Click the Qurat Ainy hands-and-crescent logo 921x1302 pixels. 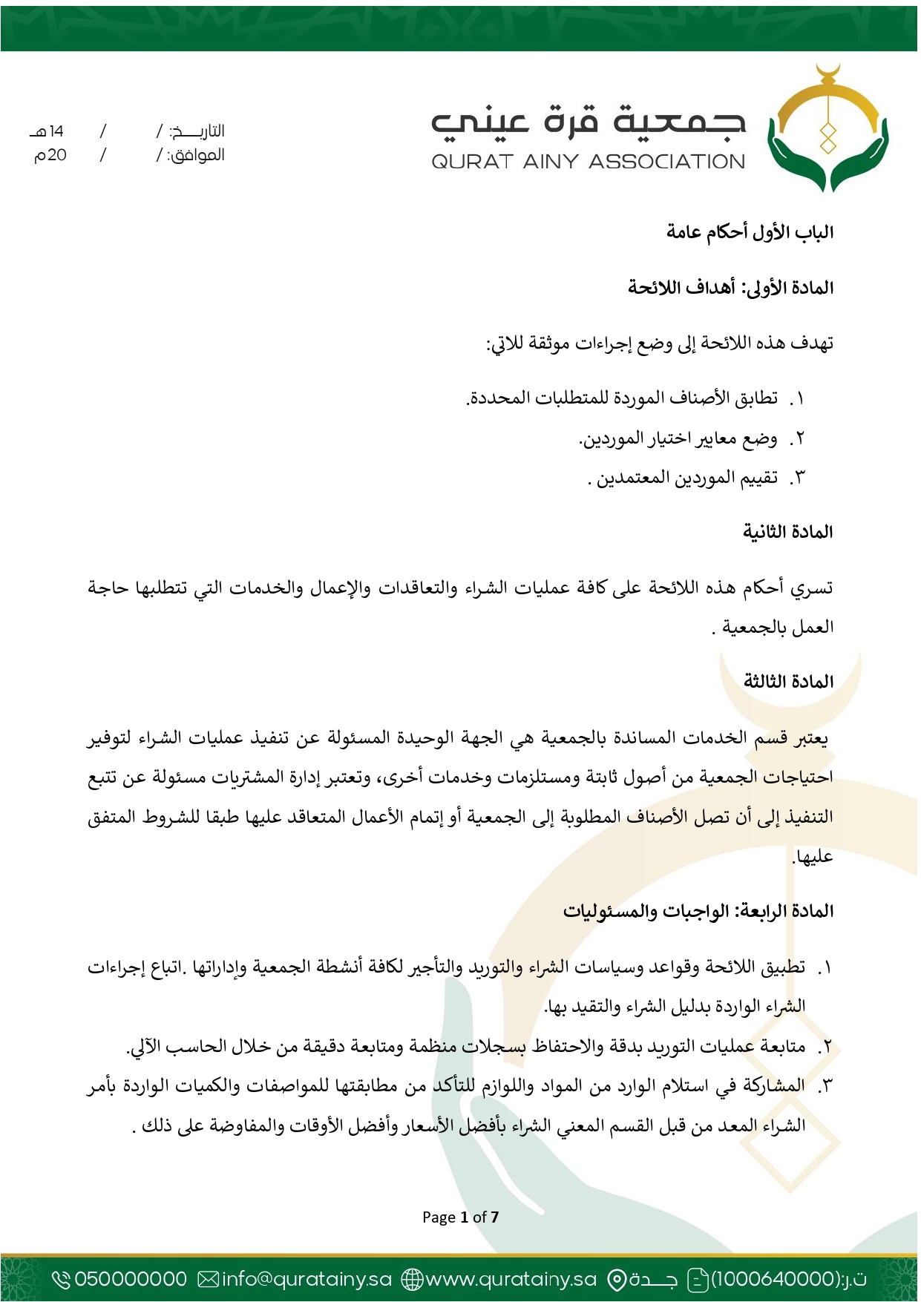pos(828,130)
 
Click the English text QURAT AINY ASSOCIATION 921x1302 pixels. pos(588,162)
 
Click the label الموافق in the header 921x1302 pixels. pos(196,155)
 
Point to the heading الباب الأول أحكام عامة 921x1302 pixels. pos(750,232)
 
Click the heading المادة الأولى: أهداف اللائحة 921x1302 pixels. pos(730,287)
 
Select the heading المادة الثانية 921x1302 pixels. pos(787,532)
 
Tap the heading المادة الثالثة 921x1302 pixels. pos(787,681)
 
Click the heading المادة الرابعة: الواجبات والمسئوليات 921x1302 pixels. pos(698,910)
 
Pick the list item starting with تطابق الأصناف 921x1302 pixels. pos(622,398)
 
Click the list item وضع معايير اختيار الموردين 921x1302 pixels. pos(678,438)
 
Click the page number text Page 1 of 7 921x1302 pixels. pos(460,1217)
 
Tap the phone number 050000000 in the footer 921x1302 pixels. pos(131,1279)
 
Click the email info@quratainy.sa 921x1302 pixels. pos(307,1279)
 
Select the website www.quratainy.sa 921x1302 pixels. pos(511,1279)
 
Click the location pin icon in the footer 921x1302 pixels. pos(616,1280)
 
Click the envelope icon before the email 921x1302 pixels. pos(209,1279)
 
